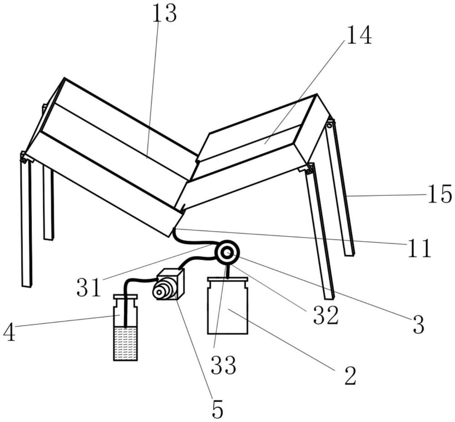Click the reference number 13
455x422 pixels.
[164, 13]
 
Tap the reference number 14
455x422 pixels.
[359, 35]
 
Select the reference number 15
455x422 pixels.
[440, 194]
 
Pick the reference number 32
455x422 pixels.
[326, 315]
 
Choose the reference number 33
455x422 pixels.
[223, 365]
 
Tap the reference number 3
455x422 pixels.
[418, 324]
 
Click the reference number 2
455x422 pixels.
[350, 376]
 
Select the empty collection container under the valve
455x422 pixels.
[227, 310]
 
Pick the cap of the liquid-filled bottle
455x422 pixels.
[125, 297]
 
